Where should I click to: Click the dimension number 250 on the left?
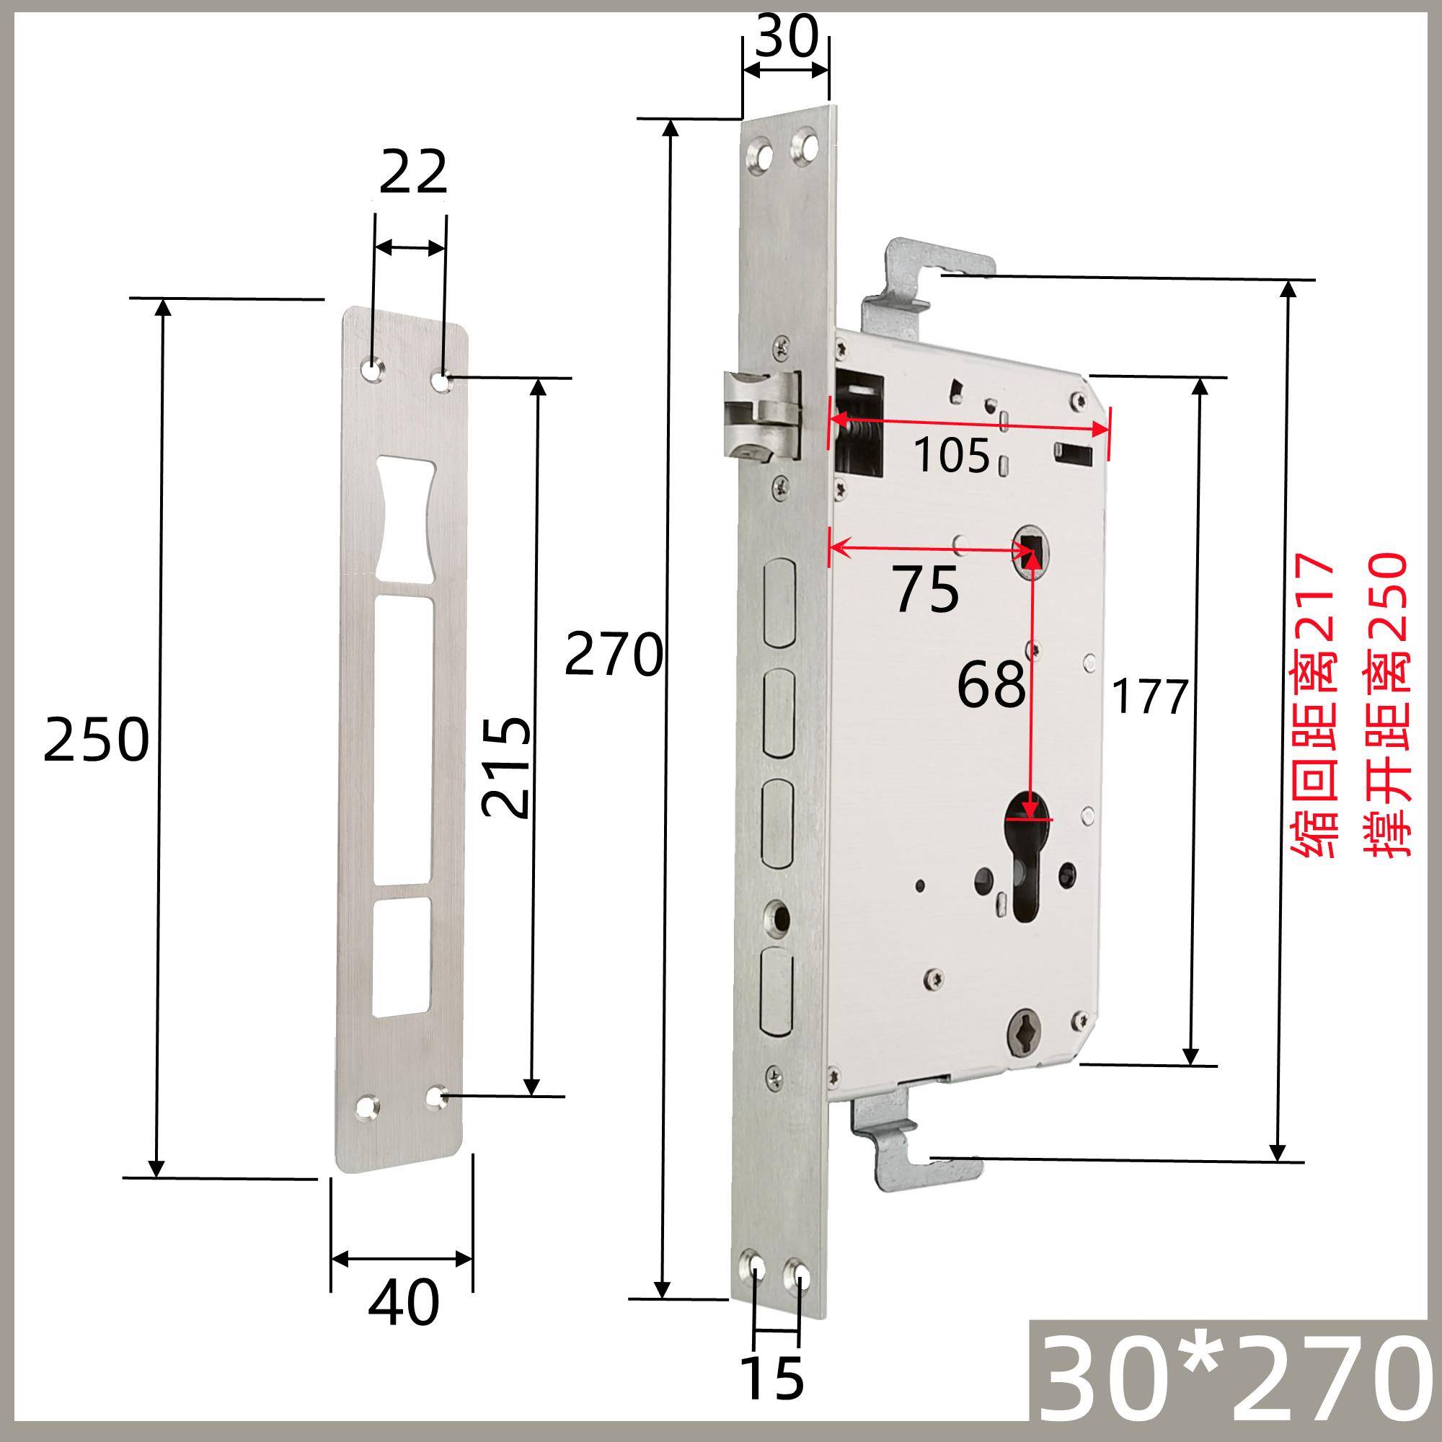tap(97, 739)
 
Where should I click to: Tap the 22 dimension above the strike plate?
tap(412, 172)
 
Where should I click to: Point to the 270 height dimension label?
tap(614, 654)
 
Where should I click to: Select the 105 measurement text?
tap(952, 456)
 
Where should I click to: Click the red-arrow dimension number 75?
tap(926, 590)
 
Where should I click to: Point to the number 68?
tap(991, 684)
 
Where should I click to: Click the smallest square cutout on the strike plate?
tap(403, 955)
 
